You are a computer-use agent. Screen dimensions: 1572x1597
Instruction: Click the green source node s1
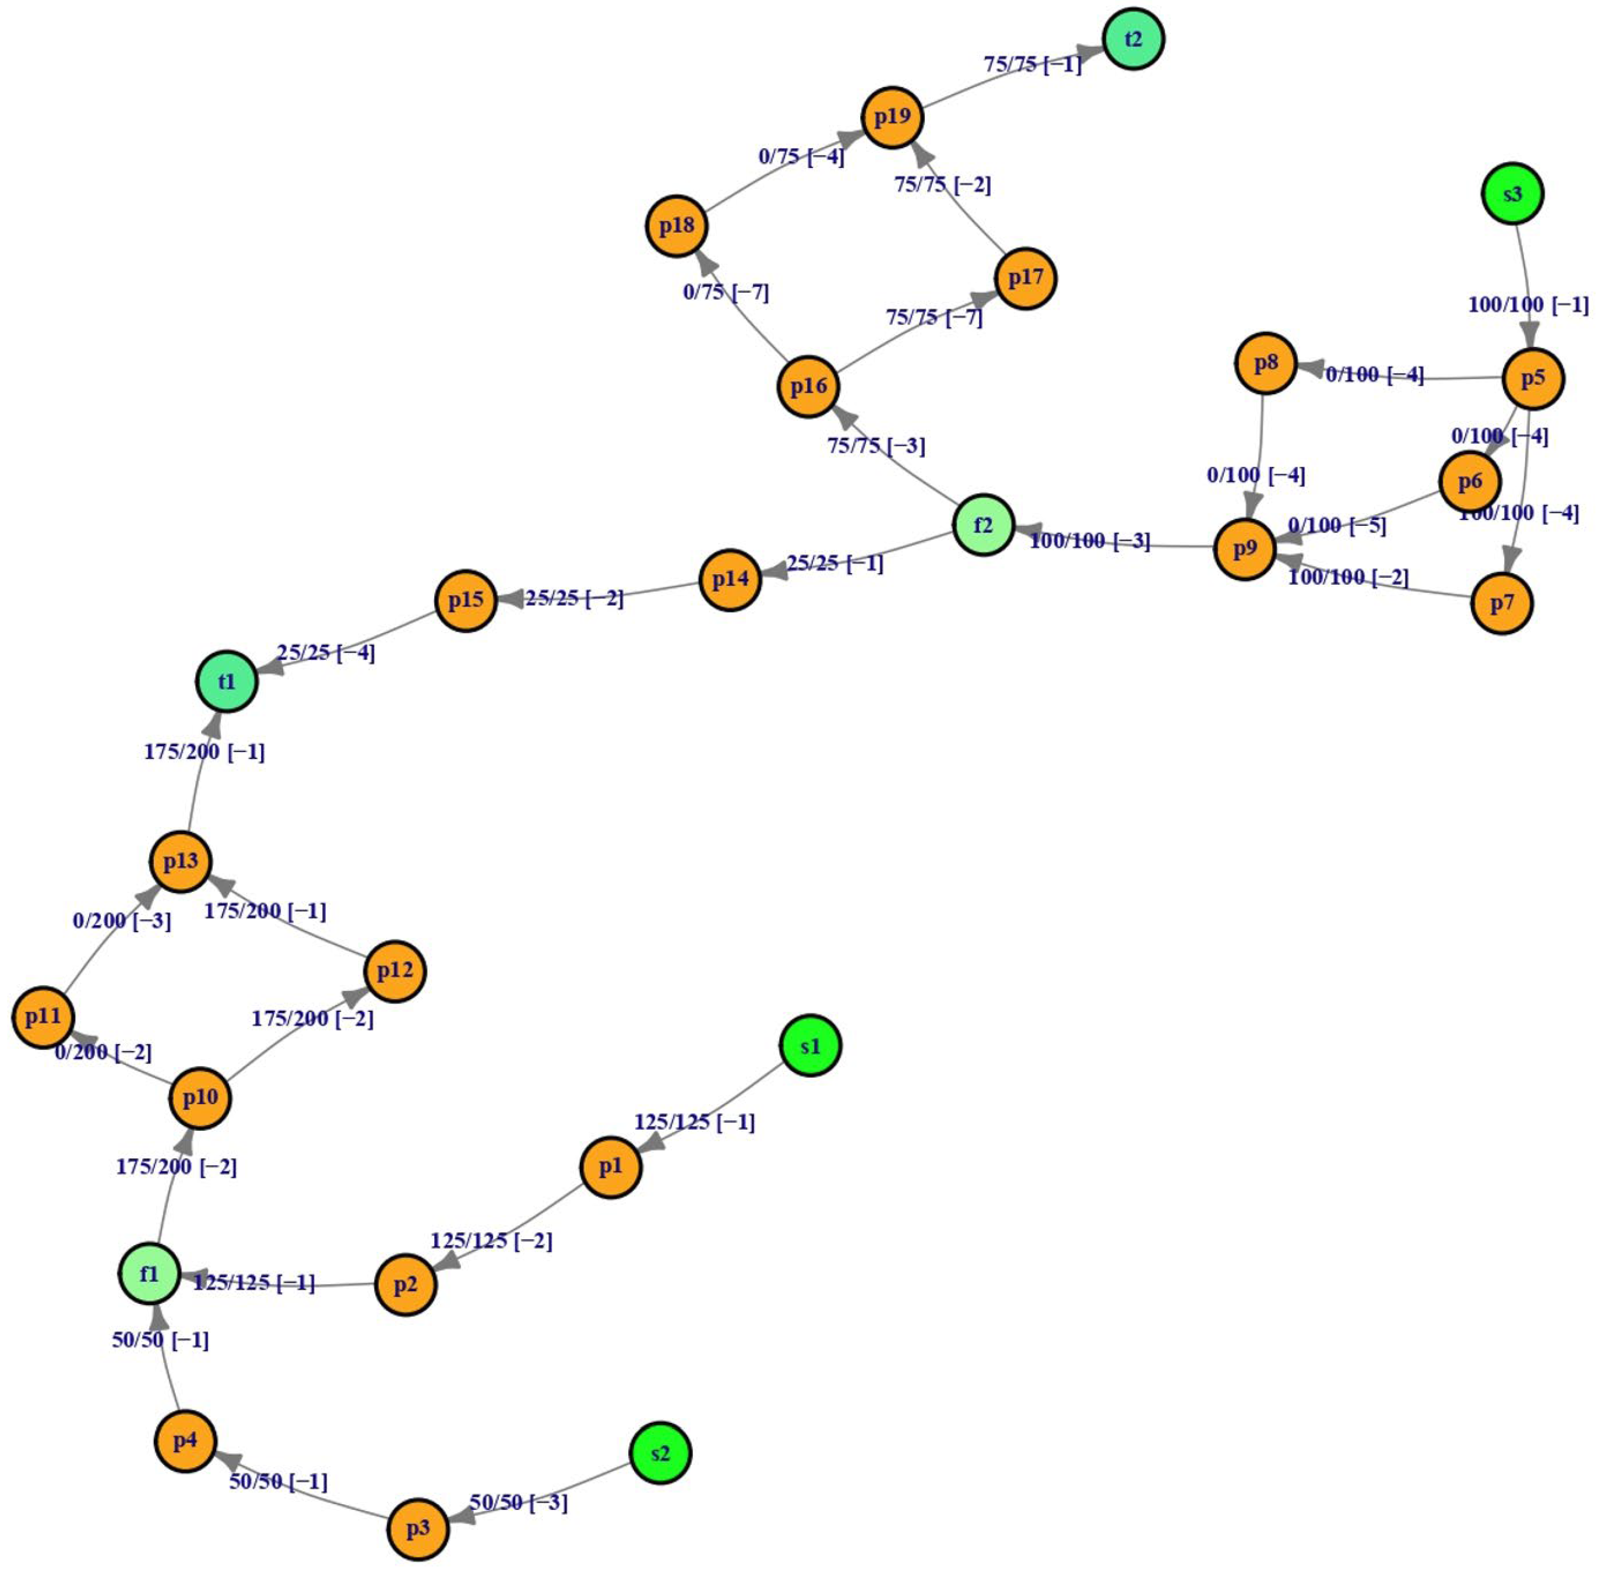[x=810, y=1046]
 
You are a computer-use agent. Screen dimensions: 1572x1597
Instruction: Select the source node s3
[x=1511, y=193]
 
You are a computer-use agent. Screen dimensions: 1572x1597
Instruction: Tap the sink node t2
[x=1133, y=39]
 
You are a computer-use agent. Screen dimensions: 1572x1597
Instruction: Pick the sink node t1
[x=226, y=681]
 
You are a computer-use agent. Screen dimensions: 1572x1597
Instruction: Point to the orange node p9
[x=1245, y=548]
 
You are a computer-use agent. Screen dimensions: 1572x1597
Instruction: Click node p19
[x=892, y=117]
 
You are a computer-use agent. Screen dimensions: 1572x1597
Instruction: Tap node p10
[x=200, y=1097]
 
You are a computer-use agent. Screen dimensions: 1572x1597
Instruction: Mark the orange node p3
[x=418, y=1528]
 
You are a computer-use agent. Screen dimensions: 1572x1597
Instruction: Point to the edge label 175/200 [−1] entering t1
[x=204, y=752]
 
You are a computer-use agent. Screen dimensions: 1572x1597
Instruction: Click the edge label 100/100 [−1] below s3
[x=1528, y=305]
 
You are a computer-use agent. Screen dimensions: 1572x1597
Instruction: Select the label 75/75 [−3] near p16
[x=876, y=446]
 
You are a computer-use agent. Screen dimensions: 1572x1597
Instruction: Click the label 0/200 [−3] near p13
[x=122, y=920]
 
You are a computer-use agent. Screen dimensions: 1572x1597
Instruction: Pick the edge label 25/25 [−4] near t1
[x=325, y=652]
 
